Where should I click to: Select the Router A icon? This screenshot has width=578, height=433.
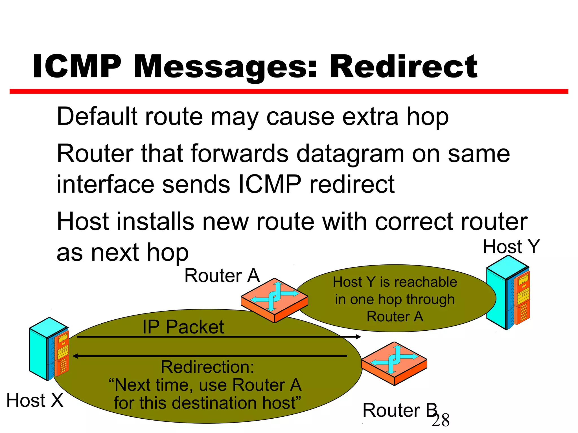[x=274, y=300]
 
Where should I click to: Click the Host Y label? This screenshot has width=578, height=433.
[x=511, y=247]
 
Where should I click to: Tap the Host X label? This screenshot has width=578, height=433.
[x=35, y=400]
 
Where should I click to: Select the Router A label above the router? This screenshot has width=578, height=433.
[x=222, y=276]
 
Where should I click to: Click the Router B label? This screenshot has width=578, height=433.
[x=399, y=410]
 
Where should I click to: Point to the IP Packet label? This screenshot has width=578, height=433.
[x=183, y=327]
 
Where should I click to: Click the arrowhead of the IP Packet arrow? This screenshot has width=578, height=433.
[x=358, y=337]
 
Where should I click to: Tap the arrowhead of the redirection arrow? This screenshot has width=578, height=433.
[x=75, y=356]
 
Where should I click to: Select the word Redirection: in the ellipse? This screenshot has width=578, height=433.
[x=207, y=367]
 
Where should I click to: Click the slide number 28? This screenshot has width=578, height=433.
[x=441, y=420]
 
